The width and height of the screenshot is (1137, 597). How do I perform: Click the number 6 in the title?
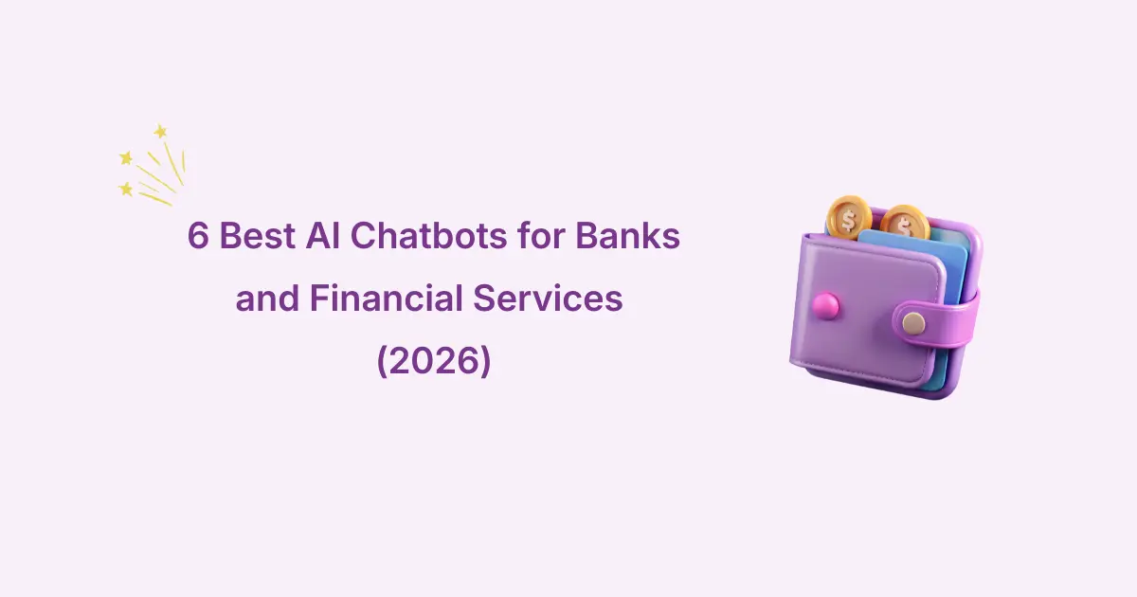[x=198, y=236]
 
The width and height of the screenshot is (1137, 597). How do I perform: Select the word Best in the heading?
[x=258, y=236]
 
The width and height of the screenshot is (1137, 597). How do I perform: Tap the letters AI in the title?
[x=323, y=236]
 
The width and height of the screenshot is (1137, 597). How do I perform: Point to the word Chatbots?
[x=428, y=236]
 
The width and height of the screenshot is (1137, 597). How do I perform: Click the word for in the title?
[x=541, y=235]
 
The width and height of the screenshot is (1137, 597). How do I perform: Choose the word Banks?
[x=627, y=235]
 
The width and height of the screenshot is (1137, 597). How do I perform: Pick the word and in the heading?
[x=267, y=298]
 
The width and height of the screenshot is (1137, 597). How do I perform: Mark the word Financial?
[x=387, y=298]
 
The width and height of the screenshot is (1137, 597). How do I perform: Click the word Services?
[x=548, y=298]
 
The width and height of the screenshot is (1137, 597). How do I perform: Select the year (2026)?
[x=434, y=360]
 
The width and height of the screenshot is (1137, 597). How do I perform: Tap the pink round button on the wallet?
[x=825, y=305]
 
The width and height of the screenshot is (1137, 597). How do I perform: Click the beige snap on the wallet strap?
[x=913, y=323]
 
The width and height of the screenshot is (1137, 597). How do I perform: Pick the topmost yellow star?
[x=160, y=132]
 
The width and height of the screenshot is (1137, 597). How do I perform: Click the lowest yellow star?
[x=125, y=190]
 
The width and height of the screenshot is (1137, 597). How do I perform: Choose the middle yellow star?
[x=126, y=158]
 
